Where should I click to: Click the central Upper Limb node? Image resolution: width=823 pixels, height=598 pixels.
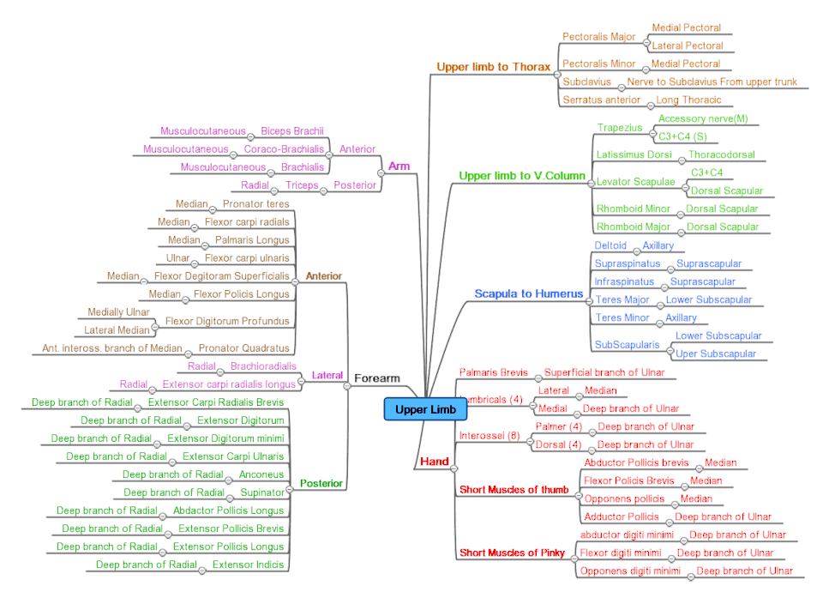tap(425, 410)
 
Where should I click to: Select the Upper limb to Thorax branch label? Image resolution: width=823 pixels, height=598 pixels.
tap(493, 66)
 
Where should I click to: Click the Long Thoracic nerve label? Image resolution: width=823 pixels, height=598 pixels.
tap(688, 100)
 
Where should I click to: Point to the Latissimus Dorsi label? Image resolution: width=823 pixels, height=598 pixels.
tap(634, 155)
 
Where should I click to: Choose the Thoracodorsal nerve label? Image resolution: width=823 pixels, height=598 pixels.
tap(721, 155)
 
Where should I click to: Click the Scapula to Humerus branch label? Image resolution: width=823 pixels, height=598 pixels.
tap(529, 293)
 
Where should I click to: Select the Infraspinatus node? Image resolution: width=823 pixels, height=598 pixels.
tap(624, 281)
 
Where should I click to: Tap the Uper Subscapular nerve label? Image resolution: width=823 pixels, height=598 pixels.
tap(716, 353)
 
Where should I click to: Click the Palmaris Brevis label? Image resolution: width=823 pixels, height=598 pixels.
tap(493, 372)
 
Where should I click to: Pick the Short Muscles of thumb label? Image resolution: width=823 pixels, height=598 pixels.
tap(514, 490)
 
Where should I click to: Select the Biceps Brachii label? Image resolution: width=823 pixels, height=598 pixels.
tap(291, 131)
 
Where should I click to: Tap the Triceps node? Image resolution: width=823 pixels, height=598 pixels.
tap(302, 185)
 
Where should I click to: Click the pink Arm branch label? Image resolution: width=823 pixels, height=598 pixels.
tap(399, 166)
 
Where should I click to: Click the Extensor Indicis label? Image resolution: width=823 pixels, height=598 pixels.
tap(248, 565)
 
